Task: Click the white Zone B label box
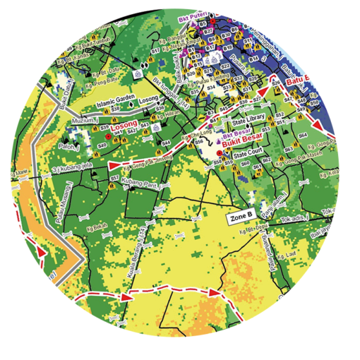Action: (x=241, y=217)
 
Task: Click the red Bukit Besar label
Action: (x=241, y=141)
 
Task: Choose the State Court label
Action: (x=247, y=152)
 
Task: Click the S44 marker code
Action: (x=167, y=143)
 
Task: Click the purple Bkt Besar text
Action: (x=236, y=133)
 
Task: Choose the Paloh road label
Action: (x=68, y=148)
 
